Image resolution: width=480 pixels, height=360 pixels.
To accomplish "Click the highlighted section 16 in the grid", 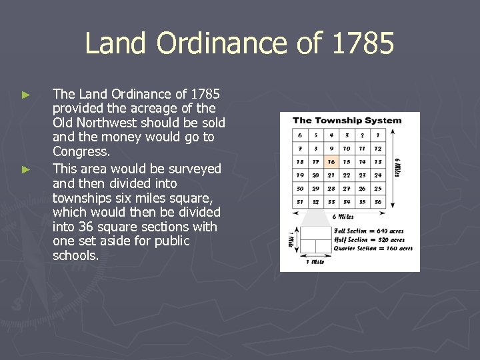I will pyautogui.click(x=331, y=161).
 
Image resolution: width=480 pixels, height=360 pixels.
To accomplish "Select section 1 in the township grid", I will pyautogui.click(x=378, y=135).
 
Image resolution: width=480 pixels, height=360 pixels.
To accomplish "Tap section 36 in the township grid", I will pyautogui.click(x=378, y=202).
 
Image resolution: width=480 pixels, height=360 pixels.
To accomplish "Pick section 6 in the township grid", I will pyautogui.click(x=299, y=135).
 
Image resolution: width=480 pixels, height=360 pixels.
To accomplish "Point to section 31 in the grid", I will pyautogui.click(x=299, y=202).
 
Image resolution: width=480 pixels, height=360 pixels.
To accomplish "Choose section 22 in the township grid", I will pyautogui.click(x=347, y=175).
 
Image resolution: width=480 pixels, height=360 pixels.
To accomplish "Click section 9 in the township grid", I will pyautogui.click(x=331, y=148).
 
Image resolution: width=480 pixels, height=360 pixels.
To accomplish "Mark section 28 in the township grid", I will pyautogui.click(x=331, y=189).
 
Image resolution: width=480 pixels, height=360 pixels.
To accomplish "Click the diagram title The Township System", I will pyautogui.click(x=347, y=121).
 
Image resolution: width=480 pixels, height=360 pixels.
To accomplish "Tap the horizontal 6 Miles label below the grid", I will pyautogui.click(x=342, y=217).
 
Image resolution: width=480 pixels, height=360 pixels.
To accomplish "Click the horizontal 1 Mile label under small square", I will pyautogui.click(x=315, y=261).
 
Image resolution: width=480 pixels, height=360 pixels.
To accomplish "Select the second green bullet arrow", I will pyautogui.click(x=26, y=170).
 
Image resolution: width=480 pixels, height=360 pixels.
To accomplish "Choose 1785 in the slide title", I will pyautogui.click(x=362, y=45).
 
